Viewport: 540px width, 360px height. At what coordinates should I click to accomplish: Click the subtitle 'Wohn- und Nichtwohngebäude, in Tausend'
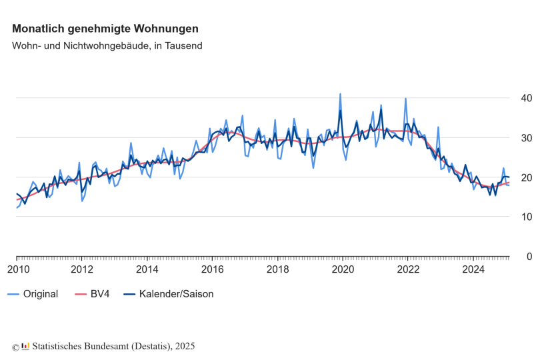pyautogui.click(x=107, y=46)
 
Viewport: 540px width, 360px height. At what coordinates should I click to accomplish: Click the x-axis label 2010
pyautogui.click(x=17, y=269)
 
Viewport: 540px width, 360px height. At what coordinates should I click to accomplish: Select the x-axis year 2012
pyautogui.click(x=82, y=269)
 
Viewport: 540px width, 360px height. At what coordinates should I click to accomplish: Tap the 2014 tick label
pyautogui.click(x=147, y=269)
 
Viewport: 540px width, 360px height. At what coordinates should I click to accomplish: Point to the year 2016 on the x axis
pyautogui.click(x=213, y=269)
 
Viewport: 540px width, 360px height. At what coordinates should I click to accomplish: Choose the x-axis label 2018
pyautogui.click(x=277, y=269)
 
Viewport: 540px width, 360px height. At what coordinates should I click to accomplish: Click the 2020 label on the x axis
pyautogui.click(x=343, y=269)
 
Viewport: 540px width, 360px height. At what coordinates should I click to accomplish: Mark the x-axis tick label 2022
pyautogui.click(x=408, y=269)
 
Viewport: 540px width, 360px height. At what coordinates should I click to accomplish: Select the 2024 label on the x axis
pyautogui.click(x=473, y=269)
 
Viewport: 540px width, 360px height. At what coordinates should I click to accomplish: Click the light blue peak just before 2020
pyautogui.click(x=340, y=94)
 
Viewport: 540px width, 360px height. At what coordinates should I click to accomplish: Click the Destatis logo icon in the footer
pyautogui.click(x=25, y=346)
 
